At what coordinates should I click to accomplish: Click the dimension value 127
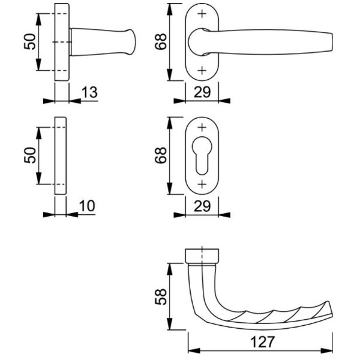[262, 342]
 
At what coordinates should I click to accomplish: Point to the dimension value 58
[161, 296]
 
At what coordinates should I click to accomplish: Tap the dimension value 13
[89, 92]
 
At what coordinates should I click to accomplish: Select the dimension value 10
[87, 206]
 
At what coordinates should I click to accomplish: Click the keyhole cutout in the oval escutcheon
[202, 155]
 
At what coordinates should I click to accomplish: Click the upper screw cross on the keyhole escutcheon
[202, 127]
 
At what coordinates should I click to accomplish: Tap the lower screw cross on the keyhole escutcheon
[202, 184]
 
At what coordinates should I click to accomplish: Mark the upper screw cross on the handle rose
[202, 14]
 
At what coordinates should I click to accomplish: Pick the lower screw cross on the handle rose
[202, 70]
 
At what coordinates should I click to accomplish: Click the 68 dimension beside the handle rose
[161, 41]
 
